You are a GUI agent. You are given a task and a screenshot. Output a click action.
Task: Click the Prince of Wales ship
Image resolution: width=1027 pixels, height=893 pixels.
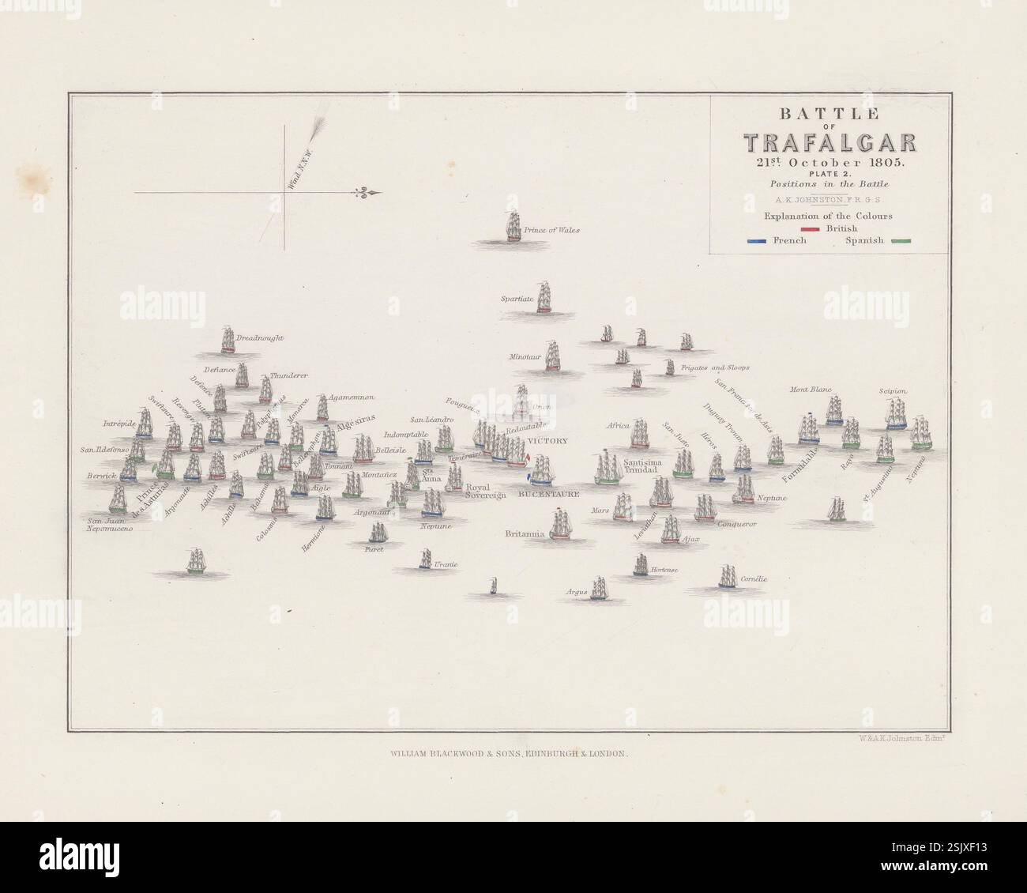click(513, 227)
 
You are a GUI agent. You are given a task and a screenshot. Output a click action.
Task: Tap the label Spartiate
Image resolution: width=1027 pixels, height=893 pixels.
click(517, 300)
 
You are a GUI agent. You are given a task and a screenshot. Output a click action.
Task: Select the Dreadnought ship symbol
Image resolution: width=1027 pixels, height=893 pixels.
click(228, 339)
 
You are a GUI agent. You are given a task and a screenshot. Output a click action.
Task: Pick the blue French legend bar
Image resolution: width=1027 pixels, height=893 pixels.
click(758, 241)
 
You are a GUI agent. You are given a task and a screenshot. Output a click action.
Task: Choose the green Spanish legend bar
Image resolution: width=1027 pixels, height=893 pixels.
click(900, 241)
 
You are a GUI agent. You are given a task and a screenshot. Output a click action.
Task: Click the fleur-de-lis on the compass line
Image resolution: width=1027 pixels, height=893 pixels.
click(366, 193)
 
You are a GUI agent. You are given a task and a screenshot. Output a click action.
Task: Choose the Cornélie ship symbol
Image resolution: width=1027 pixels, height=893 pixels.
click(727, 577)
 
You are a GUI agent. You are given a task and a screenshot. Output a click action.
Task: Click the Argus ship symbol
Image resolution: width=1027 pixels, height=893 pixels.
click(599, 588)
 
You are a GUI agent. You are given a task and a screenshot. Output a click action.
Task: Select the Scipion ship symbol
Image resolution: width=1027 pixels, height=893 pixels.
click(895, 413)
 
